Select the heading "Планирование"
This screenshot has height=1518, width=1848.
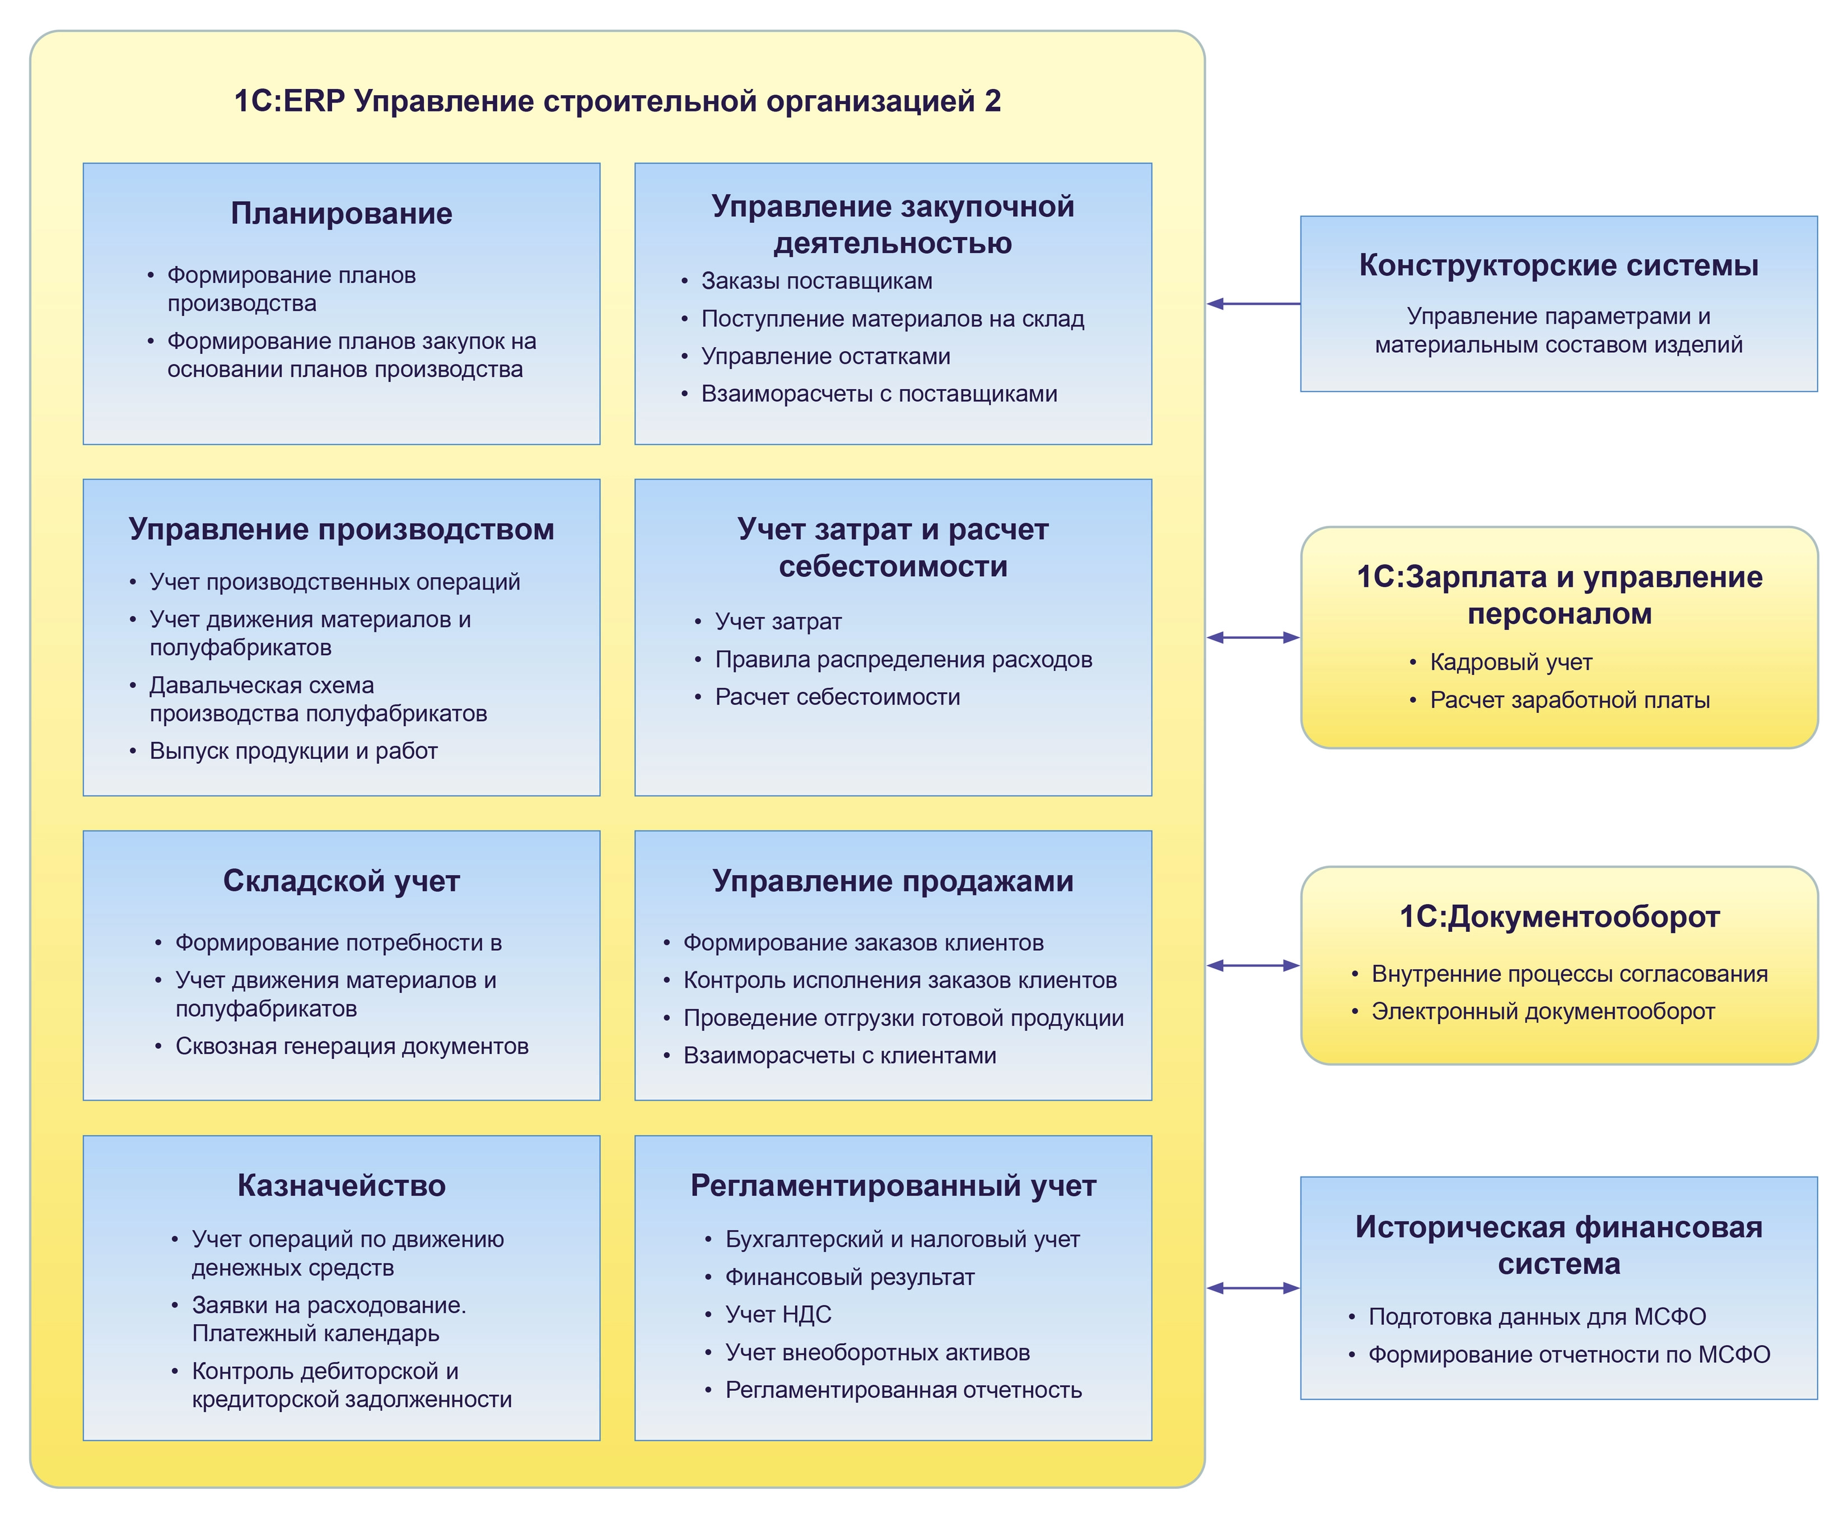341,213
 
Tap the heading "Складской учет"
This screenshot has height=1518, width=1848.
341,881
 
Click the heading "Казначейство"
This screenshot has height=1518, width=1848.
341,1186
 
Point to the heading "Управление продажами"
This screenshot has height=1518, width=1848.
893,881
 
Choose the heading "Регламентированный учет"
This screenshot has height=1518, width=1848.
893,1186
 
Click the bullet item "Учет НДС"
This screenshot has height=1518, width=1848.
778,1314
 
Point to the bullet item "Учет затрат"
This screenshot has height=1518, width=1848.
778,622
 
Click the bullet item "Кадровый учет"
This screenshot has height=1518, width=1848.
1510,662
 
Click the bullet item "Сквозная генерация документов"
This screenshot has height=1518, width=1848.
352,1047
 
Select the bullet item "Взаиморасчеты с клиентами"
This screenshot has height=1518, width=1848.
839,1055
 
